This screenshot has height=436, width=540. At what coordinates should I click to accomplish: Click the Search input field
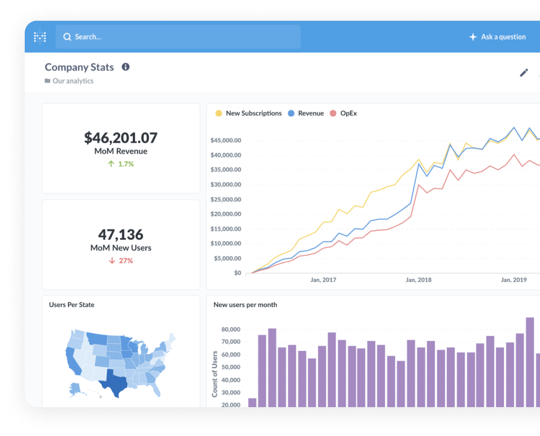(x=178, y=37)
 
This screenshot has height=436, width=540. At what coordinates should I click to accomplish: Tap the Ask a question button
(x=497, y=37)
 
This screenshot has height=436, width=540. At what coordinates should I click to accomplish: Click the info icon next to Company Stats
(x=125, y=67)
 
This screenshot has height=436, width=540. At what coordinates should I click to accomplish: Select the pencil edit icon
(x=524, y=73)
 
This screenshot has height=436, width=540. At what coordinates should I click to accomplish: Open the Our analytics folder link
(x=73, y=81)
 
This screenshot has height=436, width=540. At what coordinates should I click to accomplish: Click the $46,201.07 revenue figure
(x=121, y=138)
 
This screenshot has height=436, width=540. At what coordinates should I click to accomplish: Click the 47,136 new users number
(x=121, y=234)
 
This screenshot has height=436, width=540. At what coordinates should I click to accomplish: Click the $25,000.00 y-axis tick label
(x=226, y=199)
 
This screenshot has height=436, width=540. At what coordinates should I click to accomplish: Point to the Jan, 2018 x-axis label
(x=418, y=280)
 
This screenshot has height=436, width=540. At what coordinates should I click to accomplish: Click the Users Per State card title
(x=72, y=305)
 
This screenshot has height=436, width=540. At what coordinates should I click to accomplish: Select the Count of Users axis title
(x=215, y=374)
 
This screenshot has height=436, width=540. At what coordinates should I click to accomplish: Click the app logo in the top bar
(x=40, y=37)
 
